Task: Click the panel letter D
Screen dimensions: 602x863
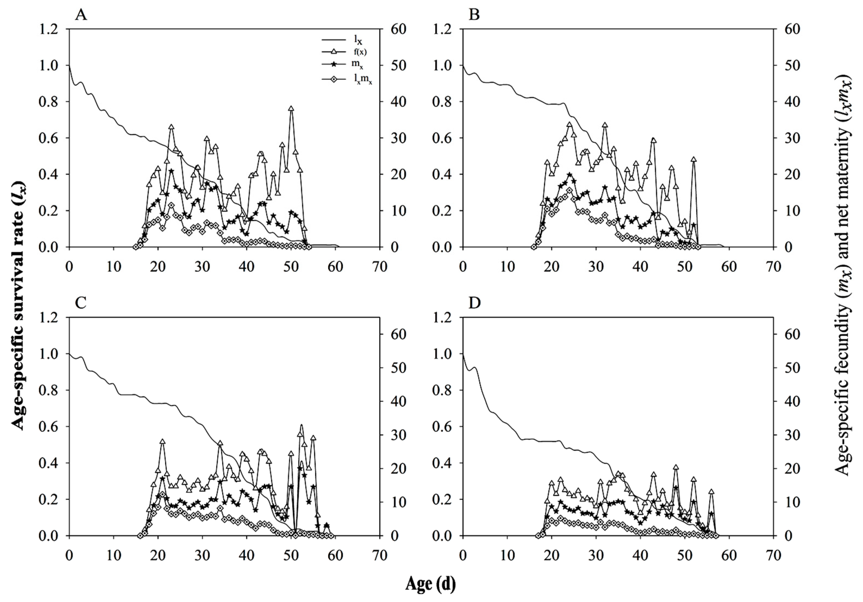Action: click(x=475, y=303)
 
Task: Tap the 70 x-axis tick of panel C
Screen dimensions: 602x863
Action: click(x=379, y=555)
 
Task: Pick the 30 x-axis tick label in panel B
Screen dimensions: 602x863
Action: click(x=596, y=267)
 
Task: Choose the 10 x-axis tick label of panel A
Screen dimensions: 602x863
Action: click(x=114, y=267)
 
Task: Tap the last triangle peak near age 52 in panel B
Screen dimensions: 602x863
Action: click(x=694, y=160)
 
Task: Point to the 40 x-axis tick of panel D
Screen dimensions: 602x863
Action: click(x=641, y=555)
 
